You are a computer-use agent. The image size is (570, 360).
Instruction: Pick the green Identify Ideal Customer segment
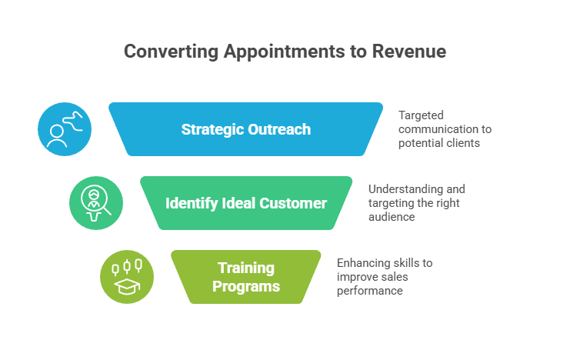coord(245,204)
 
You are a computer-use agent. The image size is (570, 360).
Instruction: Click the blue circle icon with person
coord(65,129)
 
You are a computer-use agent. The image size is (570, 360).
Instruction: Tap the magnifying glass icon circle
coord(96,203)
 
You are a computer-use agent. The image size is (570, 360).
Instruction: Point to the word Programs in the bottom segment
coord(245,287)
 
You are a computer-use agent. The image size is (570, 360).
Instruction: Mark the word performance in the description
coord(369,292)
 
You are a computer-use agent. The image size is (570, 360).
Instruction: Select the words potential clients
coord(439,144)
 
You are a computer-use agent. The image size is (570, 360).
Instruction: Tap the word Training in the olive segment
coord(245,268)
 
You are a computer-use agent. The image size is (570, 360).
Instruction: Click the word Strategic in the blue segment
coord(212,129)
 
